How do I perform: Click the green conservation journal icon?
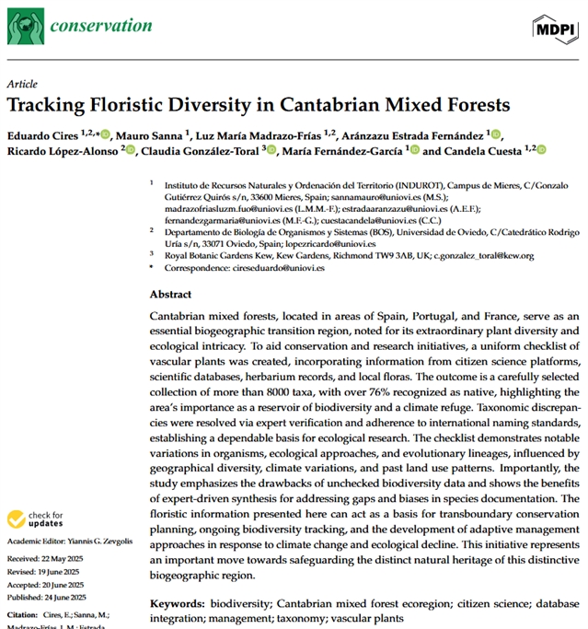pos(24,28)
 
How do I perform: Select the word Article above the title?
pos(22,83)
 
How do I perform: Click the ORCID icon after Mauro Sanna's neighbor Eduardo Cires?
pos(106,134)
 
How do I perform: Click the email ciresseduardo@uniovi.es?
pos(282,267)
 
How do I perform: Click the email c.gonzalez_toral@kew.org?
pos(476,254)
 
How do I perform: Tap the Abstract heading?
pos(170,295)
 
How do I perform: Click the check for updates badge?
pos(32,520)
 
